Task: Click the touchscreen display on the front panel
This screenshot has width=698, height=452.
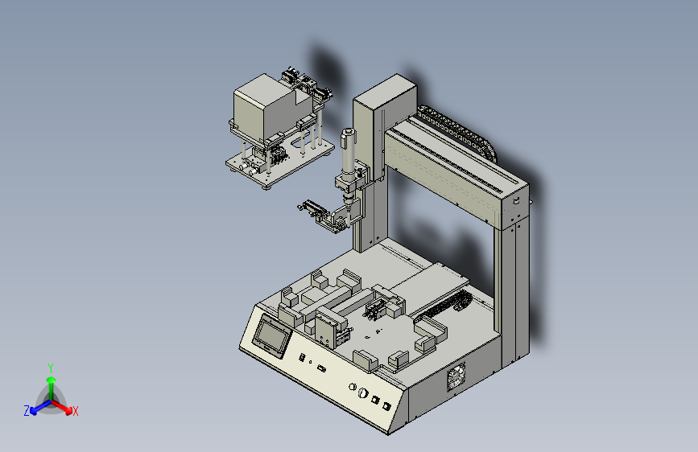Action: (271, 335)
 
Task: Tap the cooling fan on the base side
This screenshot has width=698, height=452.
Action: (456, 376)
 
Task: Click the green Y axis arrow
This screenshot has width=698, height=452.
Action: (52, 387)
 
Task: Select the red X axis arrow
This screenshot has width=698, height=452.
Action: (62, 407)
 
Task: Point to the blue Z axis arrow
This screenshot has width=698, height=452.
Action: (40, 407)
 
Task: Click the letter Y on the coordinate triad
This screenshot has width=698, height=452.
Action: (51, 368)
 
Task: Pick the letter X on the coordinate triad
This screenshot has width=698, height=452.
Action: (75, 411)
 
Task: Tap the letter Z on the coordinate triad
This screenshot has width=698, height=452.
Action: (27, 411)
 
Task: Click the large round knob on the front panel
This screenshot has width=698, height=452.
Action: (363, 392)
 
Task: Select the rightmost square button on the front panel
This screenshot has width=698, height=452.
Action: (386, 405)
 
